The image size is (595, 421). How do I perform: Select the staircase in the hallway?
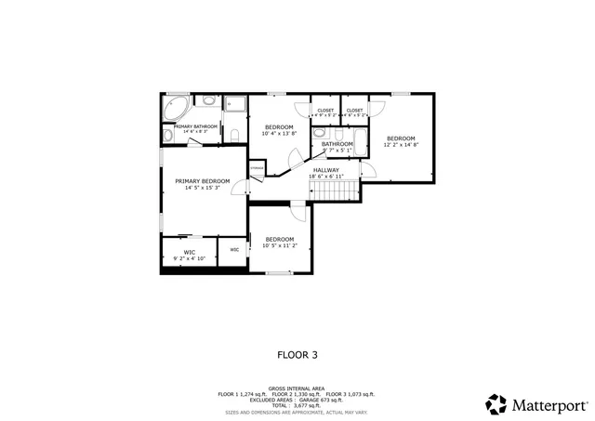(332, 191)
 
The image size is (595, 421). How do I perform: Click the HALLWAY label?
(325, 170)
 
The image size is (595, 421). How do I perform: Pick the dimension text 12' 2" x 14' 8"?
(401, 145)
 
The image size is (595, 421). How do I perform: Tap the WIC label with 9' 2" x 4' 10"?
(189, 252)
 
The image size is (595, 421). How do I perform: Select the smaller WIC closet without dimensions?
(234, 250)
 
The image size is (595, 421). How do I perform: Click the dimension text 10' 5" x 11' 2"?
(280, 245)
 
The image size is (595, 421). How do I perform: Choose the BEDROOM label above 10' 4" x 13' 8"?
(279, 126)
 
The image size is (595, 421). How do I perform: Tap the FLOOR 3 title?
(297, 354)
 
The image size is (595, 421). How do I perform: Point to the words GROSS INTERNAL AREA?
(297, 388)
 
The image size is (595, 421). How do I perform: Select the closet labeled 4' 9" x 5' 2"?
(325, 112)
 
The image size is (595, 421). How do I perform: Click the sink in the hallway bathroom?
(319, 157)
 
